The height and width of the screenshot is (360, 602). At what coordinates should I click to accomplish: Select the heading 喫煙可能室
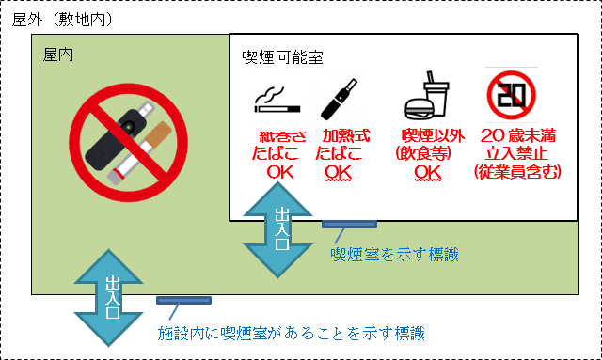coord(282,58)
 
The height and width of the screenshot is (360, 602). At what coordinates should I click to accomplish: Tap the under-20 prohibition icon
coord(511,95)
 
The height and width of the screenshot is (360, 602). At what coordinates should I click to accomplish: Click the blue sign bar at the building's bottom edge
coord(183,301)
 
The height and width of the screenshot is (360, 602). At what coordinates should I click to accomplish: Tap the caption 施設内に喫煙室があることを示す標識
coord(291,333)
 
